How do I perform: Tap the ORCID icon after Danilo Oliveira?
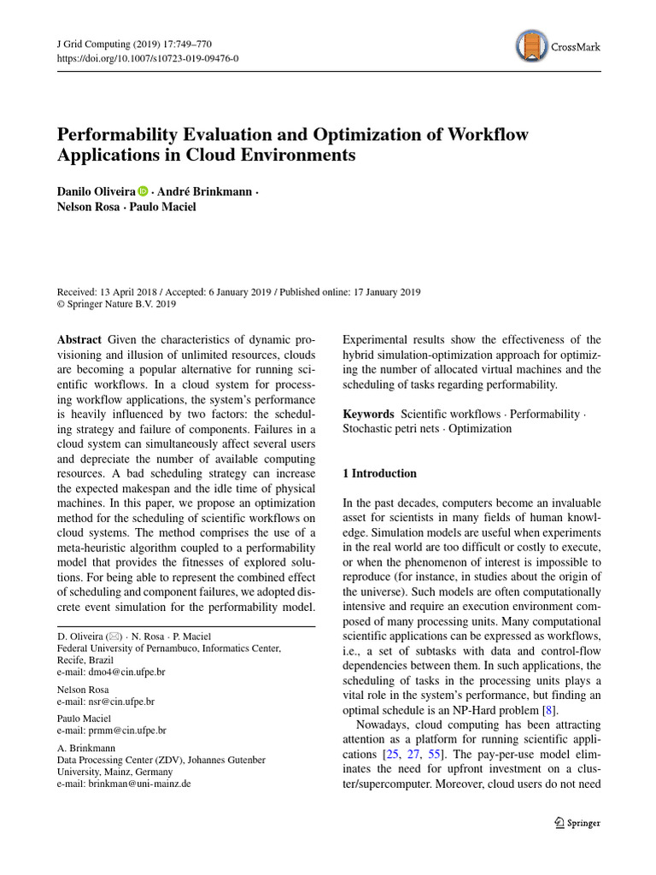143,192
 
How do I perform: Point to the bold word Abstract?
81,339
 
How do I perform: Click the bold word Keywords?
368,414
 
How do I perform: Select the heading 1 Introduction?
379,473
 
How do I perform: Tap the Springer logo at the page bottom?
577,823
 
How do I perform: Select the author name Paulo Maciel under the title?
163,207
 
